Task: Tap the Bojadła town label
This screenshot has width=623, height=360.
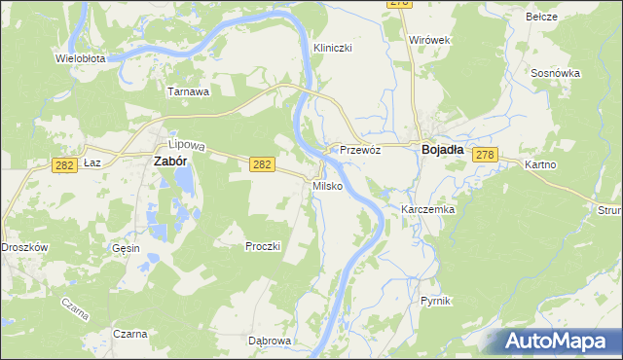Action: (x=447, y=150)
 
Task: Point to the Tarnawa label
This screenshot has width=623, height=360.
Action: (x=189, y=92)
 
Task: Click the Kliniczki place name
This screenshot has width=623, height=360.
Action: (x=332, y=48)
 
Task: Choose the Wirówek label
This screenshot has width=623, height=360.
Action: (x=428, y=40)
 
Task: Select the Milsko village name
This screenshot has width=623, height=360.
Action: (x=326, y=186)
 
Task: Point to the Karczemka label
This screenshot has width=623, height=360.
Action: (x=428, y=209)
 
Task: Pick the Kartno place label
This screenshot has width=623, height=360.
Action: (x=539, y=164)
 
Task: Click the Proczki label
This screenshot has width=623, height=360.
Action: (x=263, y=246)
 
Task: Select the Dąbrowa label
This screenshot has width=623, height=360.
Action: (x=270, y=341)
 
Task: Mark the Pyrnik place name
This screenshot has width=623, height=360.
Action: (x=437, y=302)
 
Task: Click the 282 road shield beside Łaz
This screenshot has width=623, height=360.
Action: (x=65, y=167)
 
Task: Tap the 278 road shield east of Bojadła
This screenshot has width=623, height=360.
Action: (x=487, y=155)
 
